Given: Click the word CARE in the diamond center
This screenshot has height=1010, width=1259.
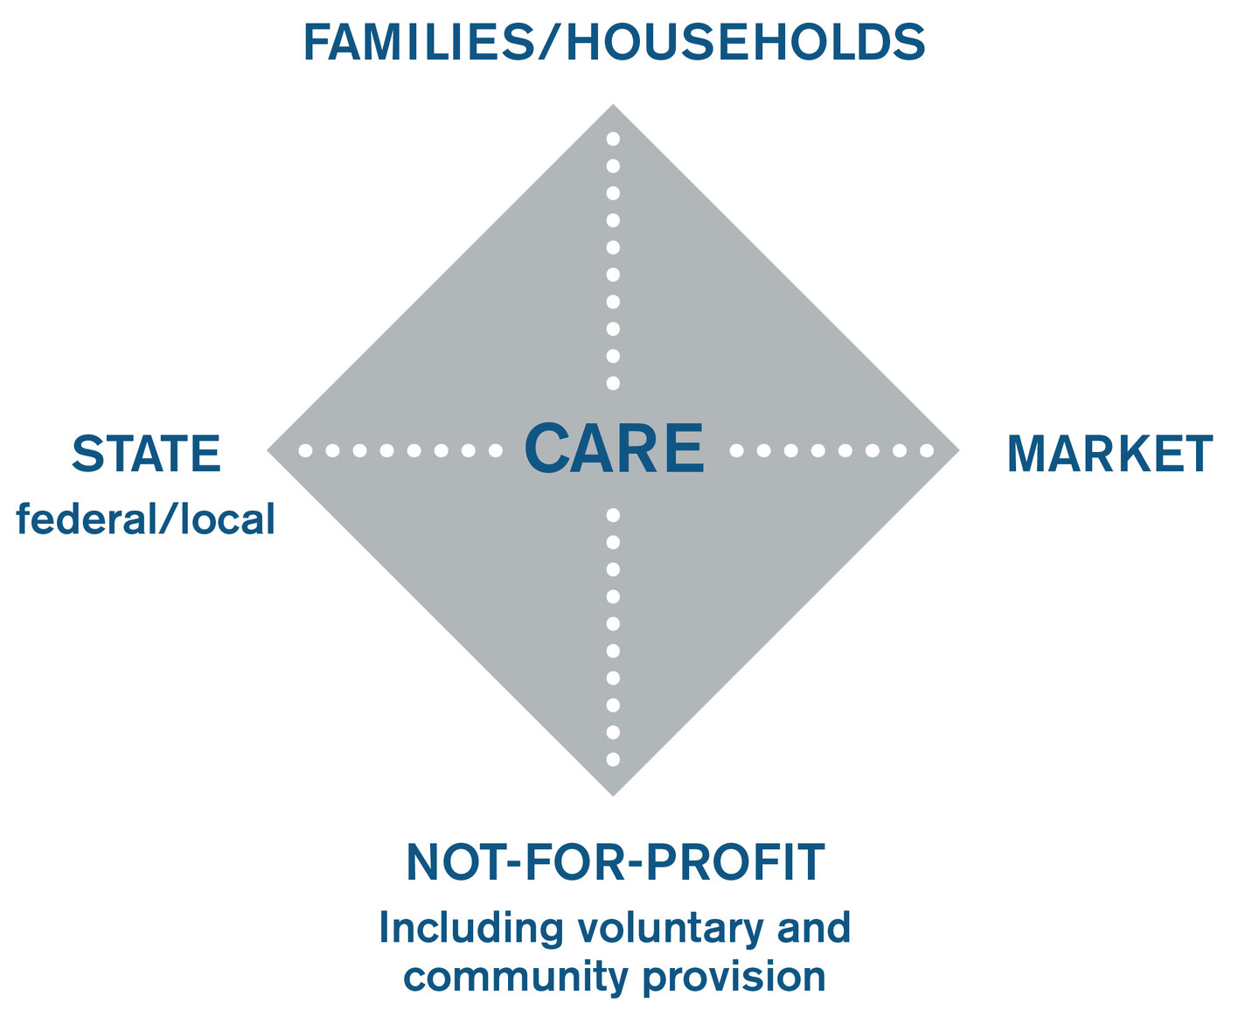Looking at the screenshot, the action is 614,449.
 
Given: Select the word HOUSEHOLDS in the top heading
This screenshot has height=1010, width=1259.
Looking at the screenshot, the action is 746,42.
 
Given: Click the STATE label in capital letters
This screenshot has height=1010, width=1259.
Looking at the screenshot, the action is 146,453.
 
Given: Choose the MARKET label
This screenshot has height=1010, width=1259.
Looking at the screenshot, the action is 1109,453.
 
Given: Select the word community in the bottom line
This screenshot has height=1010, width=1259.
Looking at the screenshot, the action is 516,977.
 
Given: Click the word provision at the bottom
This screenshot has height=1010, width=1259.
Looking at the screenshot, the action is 734,977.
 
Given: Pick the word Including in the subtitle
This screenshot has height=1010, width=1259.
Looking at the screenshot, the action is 471,930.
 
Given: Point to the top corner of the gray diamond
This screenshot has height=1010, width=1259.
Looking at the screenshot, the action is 613,105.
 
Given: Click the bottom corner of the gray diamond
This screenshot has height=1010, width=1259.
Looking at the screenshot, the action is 613,796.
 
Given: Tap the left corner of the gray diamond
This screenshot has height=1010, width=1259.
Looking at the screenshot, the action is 268,450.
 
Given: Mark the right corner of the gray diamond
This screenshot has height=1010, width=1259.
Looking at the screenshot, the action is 959,450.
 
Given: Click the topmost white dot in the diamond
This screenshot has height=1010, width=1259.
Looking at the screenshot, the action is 613,139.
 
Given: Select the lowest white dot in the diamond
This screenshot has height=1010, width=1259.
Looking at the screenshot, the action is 613,760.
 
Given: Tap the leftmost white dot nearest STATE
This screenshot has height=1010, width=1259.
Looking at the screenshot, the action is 305,450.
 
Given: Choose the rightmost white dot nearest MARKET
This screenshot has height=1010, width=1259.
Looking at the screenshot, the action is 927,450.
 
